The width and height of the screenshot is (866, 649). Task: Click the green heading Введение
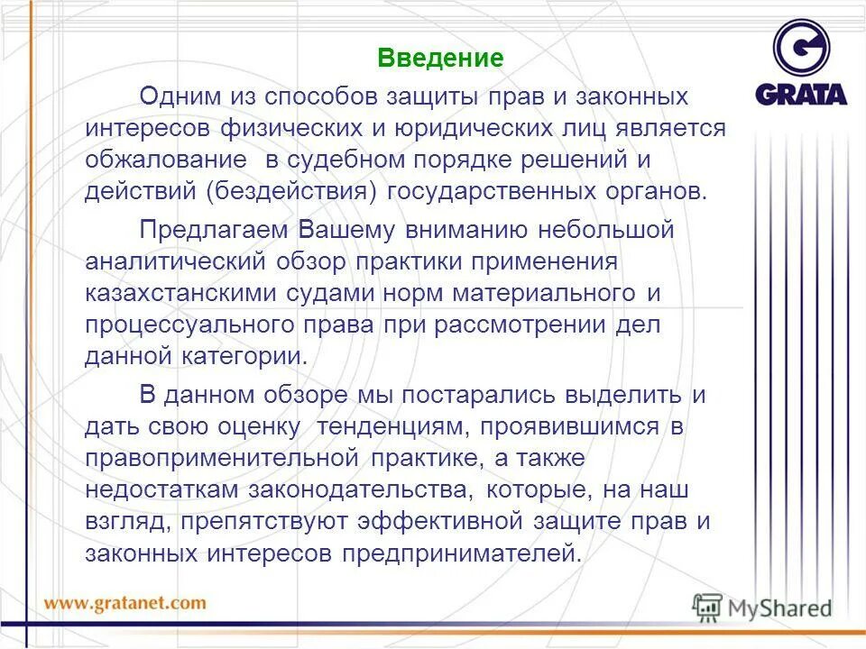tap(439, 59)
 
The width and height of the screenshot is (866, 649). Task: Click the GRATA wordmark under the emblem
tap(801, 94)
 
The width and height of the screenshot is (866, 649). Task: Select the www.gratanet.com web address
tap(125, 602)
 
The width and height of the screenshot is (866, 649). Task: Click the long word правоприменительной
tap(217, 458)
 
